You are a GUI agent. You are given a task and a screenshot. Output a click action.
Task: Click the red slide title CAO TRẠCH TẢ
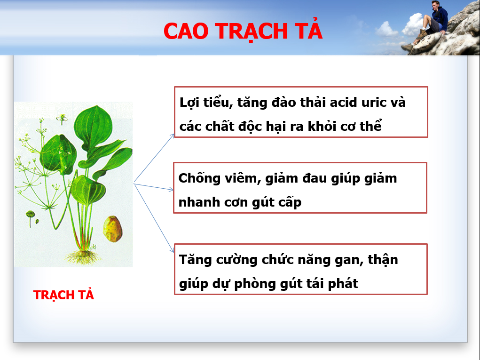pos(243,31)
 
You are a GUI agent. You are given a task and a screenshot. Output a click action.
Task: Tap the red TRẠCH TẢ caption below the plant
pos(63,295)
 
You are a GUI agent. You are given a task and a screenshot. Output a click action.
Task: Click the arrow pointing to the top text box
pos(154,158)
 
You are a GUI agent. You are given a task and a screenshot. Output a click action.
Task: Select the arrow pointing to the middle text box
pos(154,187)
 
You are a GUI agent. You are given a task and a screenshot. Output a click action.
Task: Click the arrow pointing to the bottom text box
pos(154,218)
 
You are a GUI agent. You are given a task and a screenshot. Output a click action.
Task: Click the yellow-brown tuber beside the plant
pos(113,229)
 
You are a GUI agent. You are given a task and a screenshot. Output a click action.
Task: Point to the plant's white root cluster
pos(83,257)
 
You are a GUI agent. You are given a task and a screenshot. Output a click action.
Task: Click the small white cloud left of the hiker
pos(386,30)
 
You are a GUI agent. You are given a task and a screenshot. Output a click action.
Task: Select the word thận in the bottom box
pos(383,260)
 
